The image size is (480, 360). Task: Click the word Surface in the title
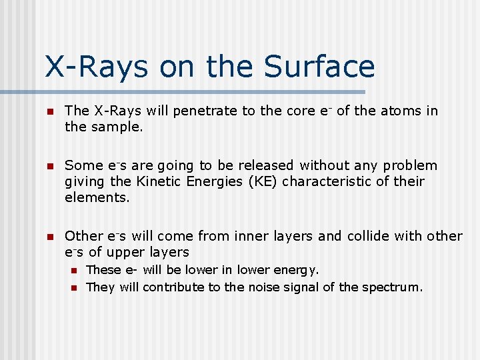point(319,67)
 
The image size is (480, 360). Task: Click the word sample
point(121,126)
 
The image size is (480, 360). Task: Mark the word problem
point(411,165)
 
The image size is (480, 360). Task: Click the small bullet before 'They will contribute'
point(75,288)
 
